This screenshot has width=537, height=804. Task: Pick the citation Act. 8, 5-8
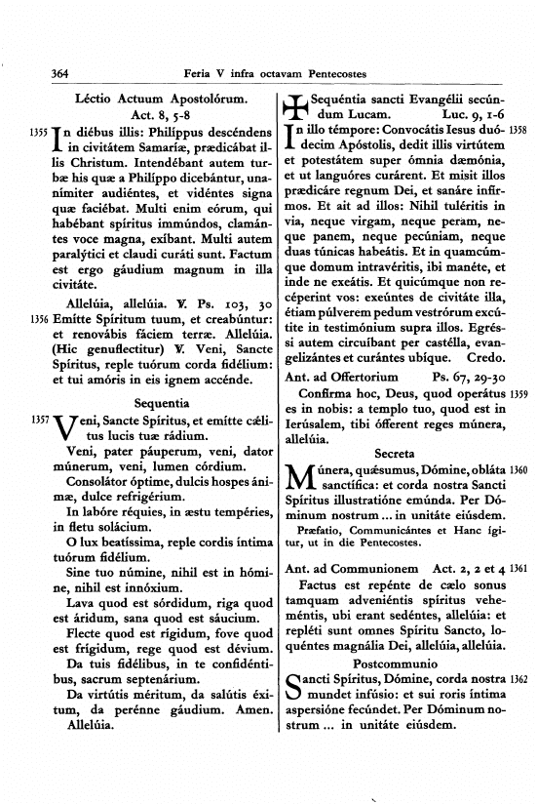(x=151, y=114)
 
